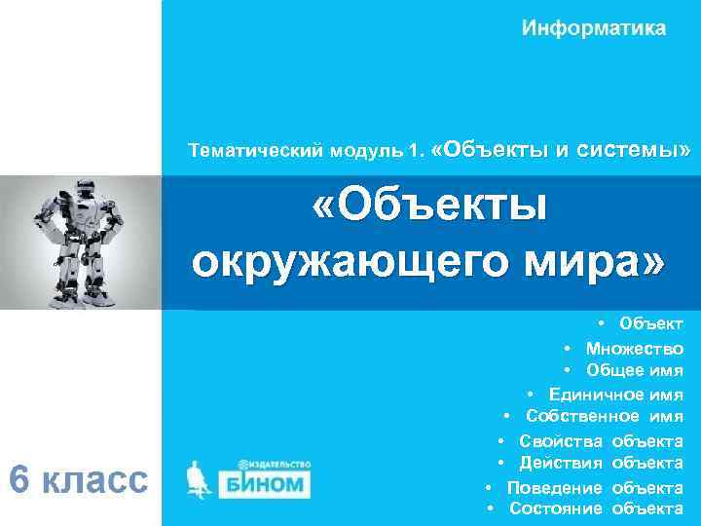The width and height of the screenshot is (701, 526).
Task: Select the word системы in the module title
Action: [x=634, y=150]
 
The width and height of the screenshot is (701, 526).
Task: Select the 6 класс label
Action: [x=78, y=480]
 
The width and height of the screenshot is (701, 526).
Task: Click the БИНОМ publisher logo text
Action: [x=265, y=483]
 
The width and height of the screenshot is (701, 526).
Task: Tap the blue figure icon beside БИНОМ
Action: [x=201, y=480]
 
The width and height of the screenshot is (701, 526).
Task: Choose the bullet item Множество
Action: [x=634, y=348]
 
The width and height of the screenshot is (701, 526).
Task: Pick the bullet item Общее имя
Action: [x=634, y=370]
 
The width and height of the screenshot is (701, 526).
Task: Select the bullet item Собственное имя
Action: [x=604, y=417]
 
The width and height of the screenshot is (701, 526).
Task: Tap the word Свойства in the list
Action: [x=561, y=440]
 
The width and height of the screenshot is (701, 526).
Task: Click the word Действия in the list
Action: [x=561, y=463]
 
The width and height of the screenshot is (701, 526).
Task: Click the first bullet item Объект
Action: [x=650, y=323]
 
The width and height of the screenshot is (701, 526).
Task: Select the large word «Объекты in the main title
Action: [x=429, y=206]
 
